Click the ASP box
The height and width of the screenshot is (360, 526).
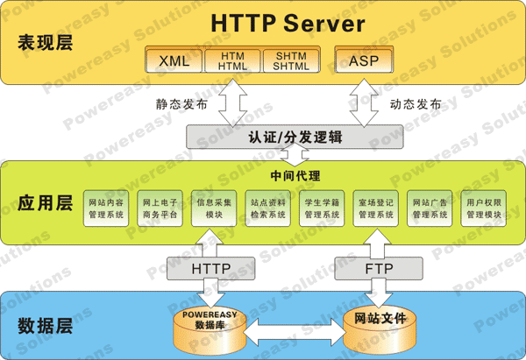click(364, 60)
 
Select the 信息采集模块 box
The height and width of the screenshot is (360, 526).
click(215, 208)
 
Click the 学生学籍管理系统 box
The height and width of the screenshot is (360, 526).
click(322, 208)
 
